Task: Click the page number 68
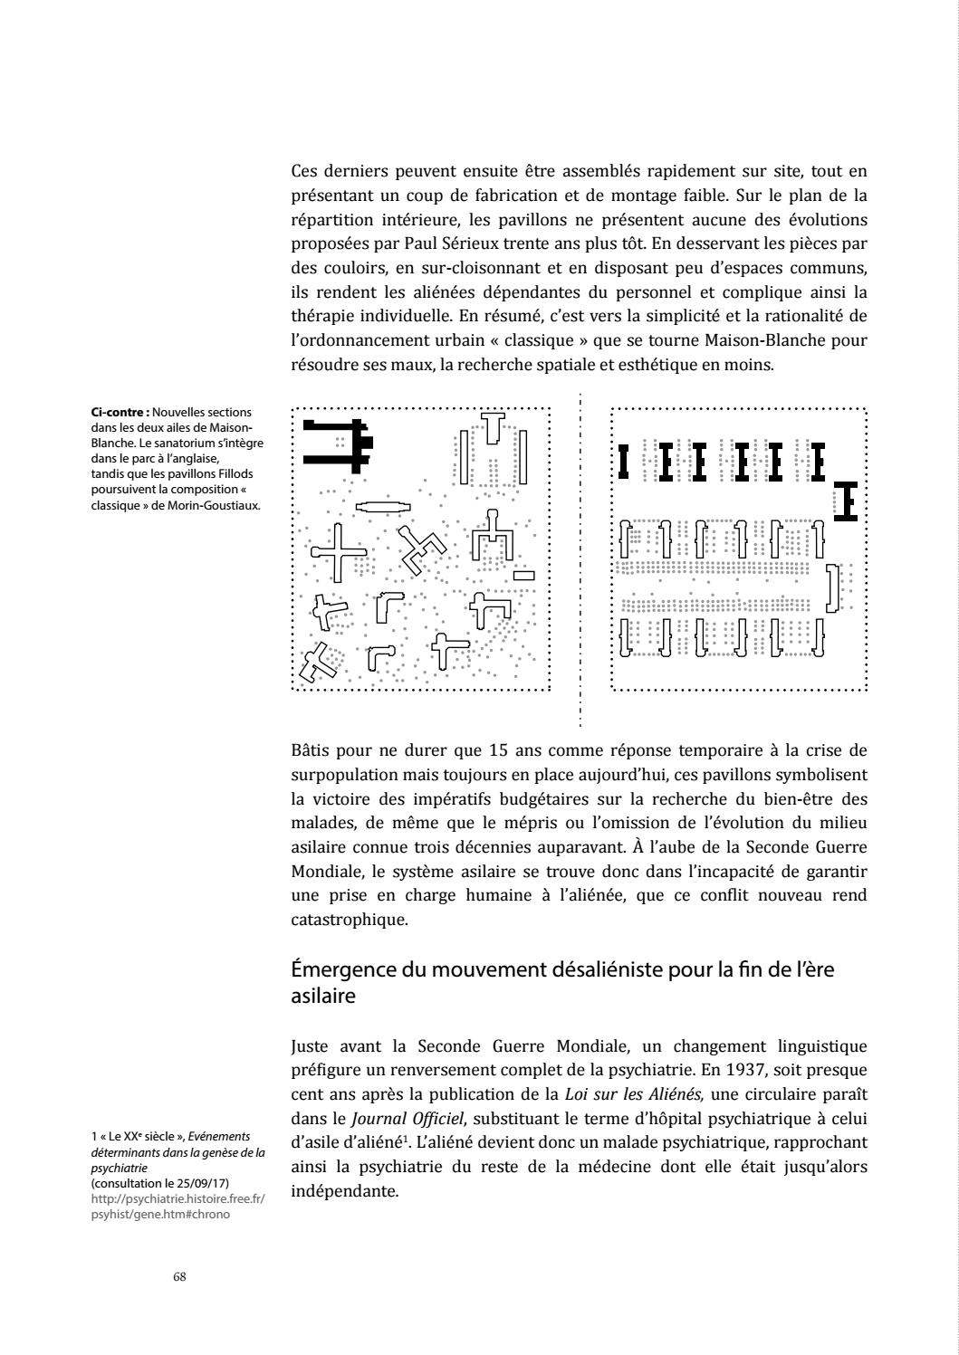[179, 1276]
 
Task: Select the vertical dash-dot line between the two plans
[580, 561]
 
